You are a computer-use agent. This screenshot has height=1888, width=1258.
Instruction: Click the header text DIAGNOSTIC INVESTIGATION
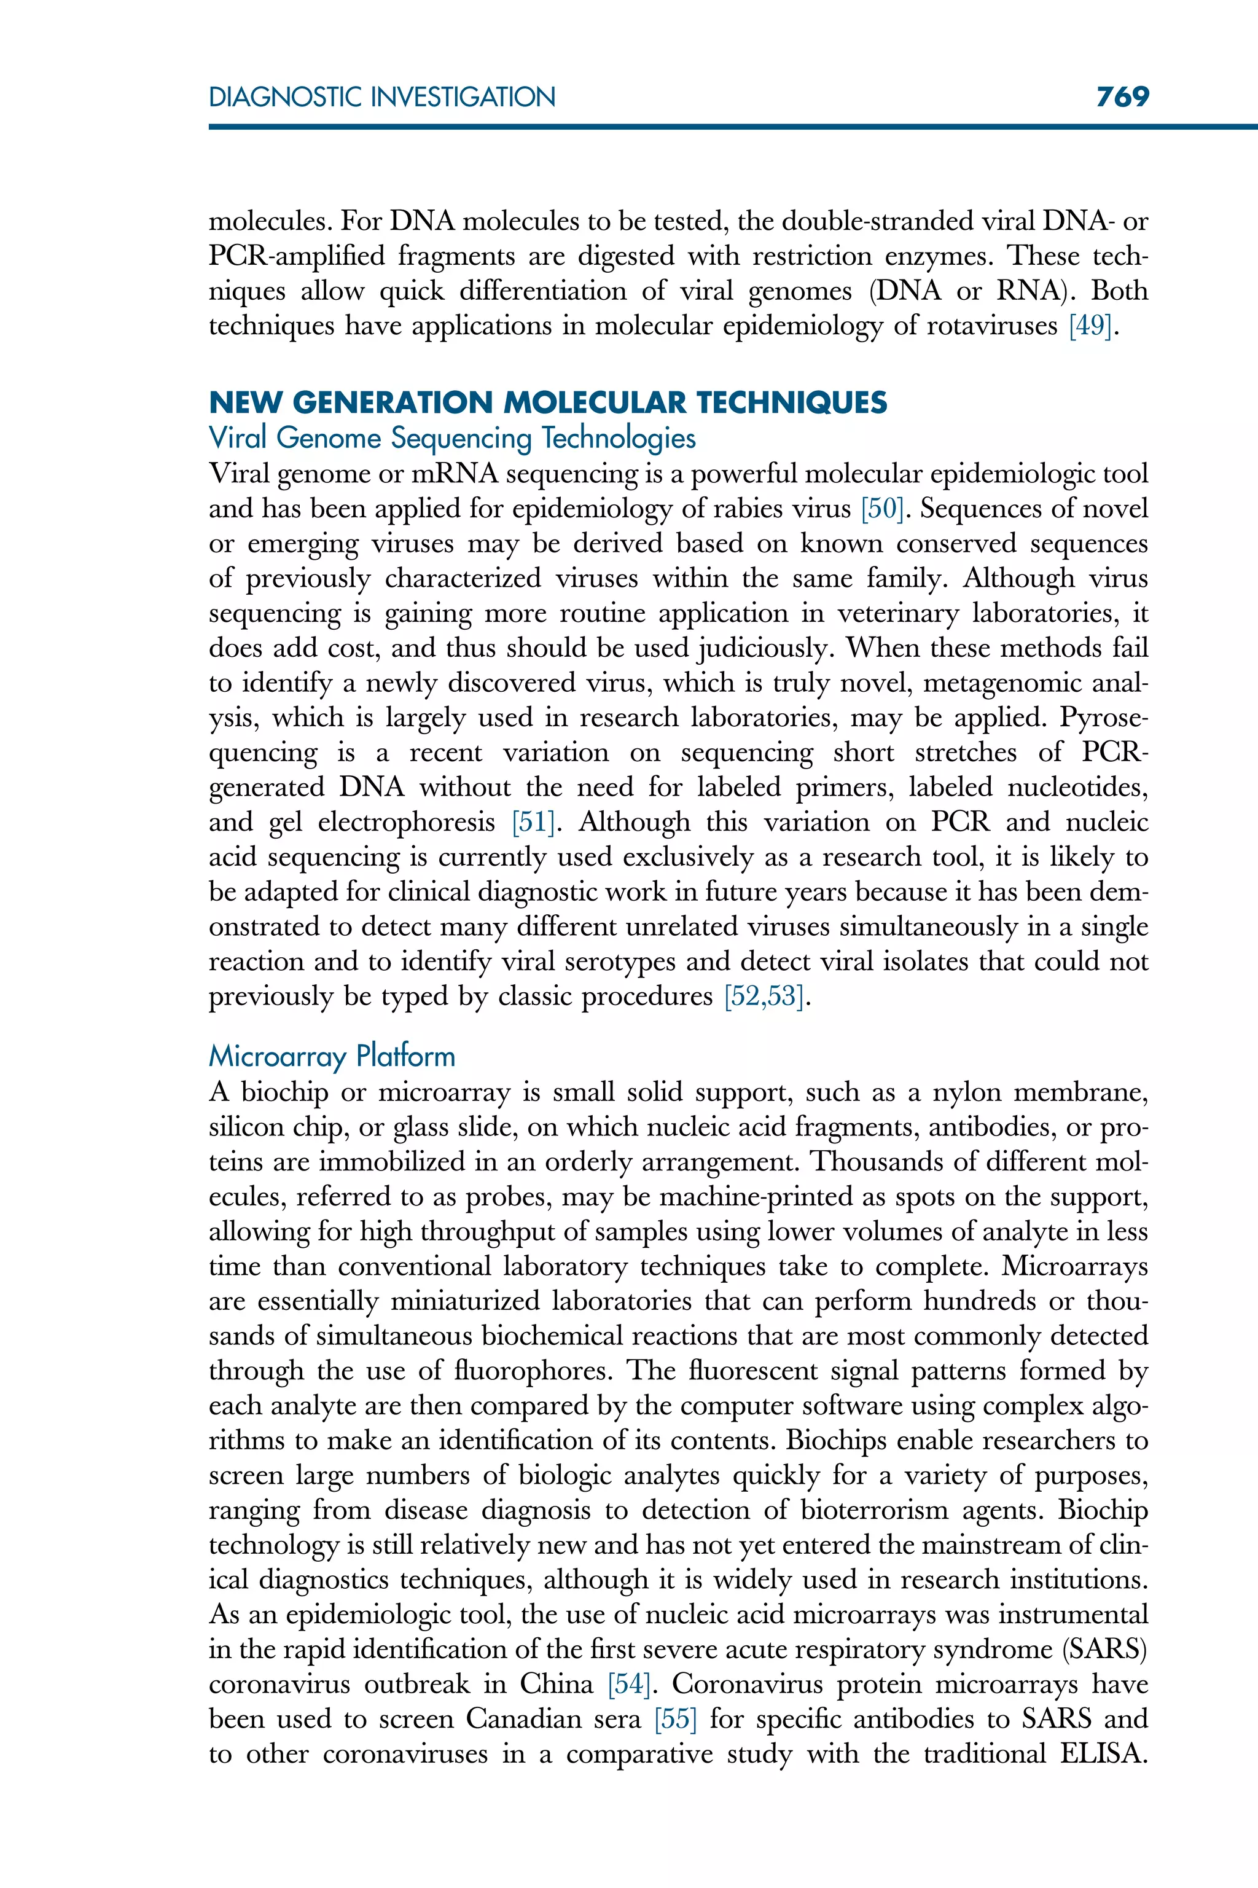pyautogui.click(x=382, y=97)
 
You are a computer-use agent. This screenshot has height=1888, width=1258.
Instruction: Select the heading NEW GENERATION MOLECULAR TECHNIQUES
pyautogui.click(x=548, y=402)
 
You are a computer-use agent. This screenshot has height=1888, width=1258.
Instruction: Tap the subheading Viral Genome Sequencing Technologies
pyautogui.click(x=451, y=438)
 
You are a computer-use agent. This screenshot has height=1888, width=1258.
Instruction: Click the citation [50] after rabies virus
pyautogui.click(x=881, y=509)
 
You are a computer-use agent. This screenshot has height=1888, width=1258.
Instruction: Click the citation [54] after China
pyautogui.click(x=628, y=1684)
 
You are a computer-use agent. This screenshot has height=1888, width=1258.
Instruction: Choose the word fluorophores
pyautogui.click(x=533, y=1371)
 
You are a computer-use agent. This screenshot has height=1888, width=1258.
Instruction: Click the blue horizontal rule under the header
pyautogui.click(x=722, y=127)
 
